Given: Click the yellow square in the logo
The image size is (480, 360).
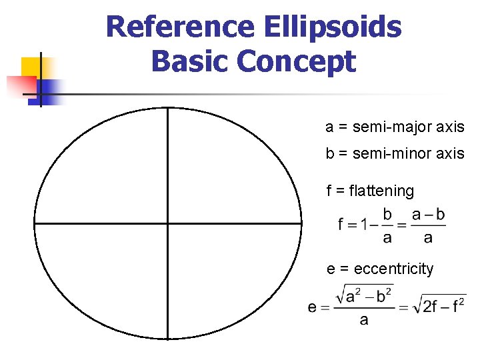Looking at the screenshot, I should click(33, 68).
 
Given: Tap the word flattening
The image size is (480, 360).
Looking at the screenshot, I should click(381, 191).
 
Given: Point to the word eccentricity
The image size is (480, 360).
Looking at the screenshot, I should click(393, 269).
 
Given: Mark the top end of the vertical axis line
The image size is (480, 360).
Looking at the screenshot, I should click(167, 109).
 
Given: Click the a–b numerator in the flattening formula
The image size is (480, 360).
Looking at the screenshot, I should click(428, 215).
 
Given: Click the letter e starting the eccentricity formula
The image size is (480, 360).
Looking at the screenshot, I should click(312, 307).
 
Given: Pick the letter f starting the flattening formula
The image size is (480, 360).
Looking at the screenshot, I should click(341, 225).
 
